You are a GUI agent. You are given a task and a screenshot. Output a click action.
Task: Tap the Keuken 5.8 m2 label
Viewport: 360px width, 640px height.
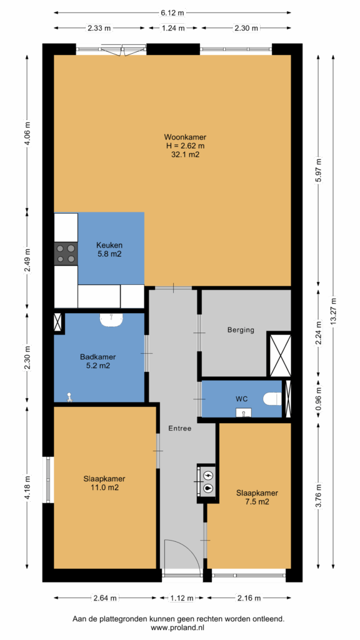109,249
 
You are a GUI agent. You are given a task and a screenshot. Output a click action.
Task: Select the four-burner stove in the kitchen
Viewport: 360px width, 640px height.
66,253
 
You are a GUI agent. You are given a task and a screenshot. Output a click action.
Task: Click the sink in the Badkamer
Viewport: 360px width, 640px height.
111,320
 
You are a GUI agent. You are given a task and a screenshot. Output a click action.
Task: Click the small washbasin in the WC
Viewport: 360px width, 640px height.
244,412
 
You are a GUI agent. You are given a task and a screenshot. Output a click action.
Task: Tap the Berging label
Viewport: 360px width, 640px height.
241,330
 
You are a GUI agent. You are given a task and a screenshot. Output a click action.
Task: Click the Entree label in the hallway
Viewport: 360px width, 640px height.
179,429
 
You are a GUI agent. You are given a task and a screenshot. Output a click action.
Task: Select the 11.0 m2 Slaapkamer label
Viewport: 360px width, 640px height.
104,483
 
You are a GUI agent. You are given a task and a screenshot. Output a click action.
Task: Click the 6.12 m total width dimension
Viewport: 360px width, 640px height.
172,12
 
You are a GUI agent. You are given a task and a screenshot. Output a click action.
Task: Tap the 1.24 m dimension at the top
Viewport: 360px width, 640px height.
172,28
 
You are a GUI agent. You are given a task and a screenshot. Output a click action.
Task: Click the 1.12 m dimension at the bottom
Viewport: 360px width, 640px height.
182,598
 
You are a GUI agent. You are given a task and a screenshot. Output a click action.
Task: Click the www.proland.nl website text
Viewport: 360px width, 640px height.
179,627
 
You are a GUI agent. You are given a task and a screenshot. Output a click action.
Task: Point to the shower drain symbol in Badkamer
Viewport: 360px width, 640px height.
70,397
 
